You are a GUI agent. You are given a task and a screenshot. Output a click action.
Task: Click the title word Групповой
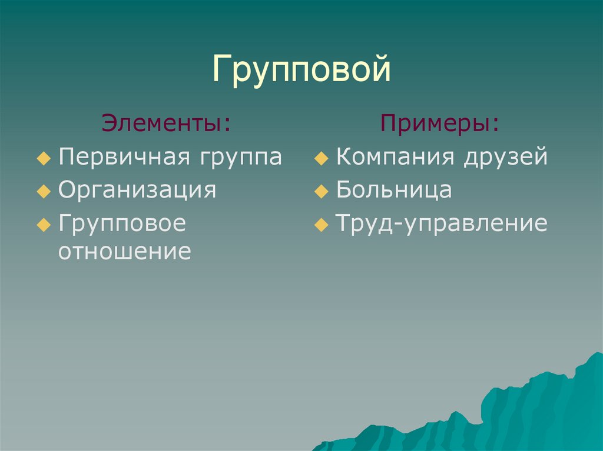301,69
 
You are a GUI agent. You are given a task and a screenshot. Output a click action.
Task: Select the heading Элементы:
167,123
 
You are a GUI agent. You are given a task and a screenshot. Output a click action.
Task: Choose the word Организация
137,190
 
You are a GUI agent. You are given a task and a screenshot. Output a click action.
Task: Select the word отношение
125,252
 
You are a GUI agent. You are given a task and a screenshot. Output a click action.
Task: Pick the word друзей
505,157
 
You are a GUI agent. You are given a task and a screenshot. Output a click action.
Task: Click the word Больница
394,189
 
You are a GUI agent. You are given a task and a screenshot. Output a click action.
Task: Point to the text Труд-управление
442,224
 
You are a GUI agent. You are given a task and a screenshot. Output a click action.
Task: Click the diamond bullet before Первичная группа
44,158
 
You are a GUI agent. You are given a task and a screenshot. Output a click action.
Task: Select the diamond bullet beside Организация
44,191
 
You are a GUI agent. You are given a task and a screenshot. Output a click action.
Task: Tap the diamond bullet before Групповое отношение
44,225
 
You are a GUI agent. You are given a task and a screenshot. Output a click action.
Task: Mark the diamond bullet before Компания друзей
322,158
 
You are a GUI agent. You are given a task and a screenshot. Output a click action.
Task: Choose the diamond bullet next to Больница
322,191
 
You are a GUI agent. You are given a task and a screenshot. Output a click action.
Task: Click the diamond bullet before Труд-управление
322,225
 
